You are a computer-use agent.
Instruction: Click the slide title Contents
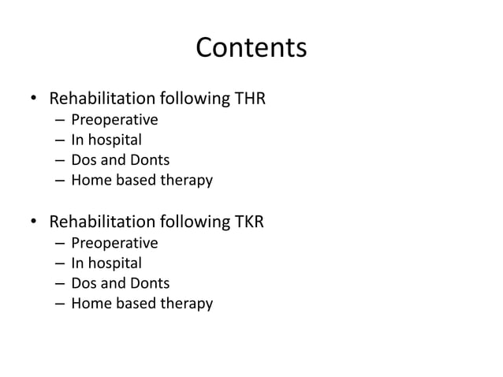point(251,48)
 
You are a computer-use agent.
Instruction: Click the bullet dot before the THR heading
point(35,100)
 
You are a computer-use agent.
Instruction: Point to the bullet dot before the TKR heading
point(35,223)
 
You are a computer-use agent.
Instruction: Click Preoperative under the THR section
point(114,120)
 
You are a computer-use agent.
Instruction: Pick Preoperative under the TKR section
point(114,243)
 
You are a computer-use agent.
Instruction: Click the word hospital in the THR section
point(115,140)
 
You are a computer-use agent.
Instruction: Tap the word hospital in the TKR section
point(115,263)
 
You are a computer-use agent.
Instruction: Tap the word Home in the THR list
point(88,181)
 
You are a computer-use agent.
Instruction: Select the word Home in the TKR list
point(88,304)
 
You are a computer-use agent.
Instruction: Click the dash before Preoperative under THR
point(60,121)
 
